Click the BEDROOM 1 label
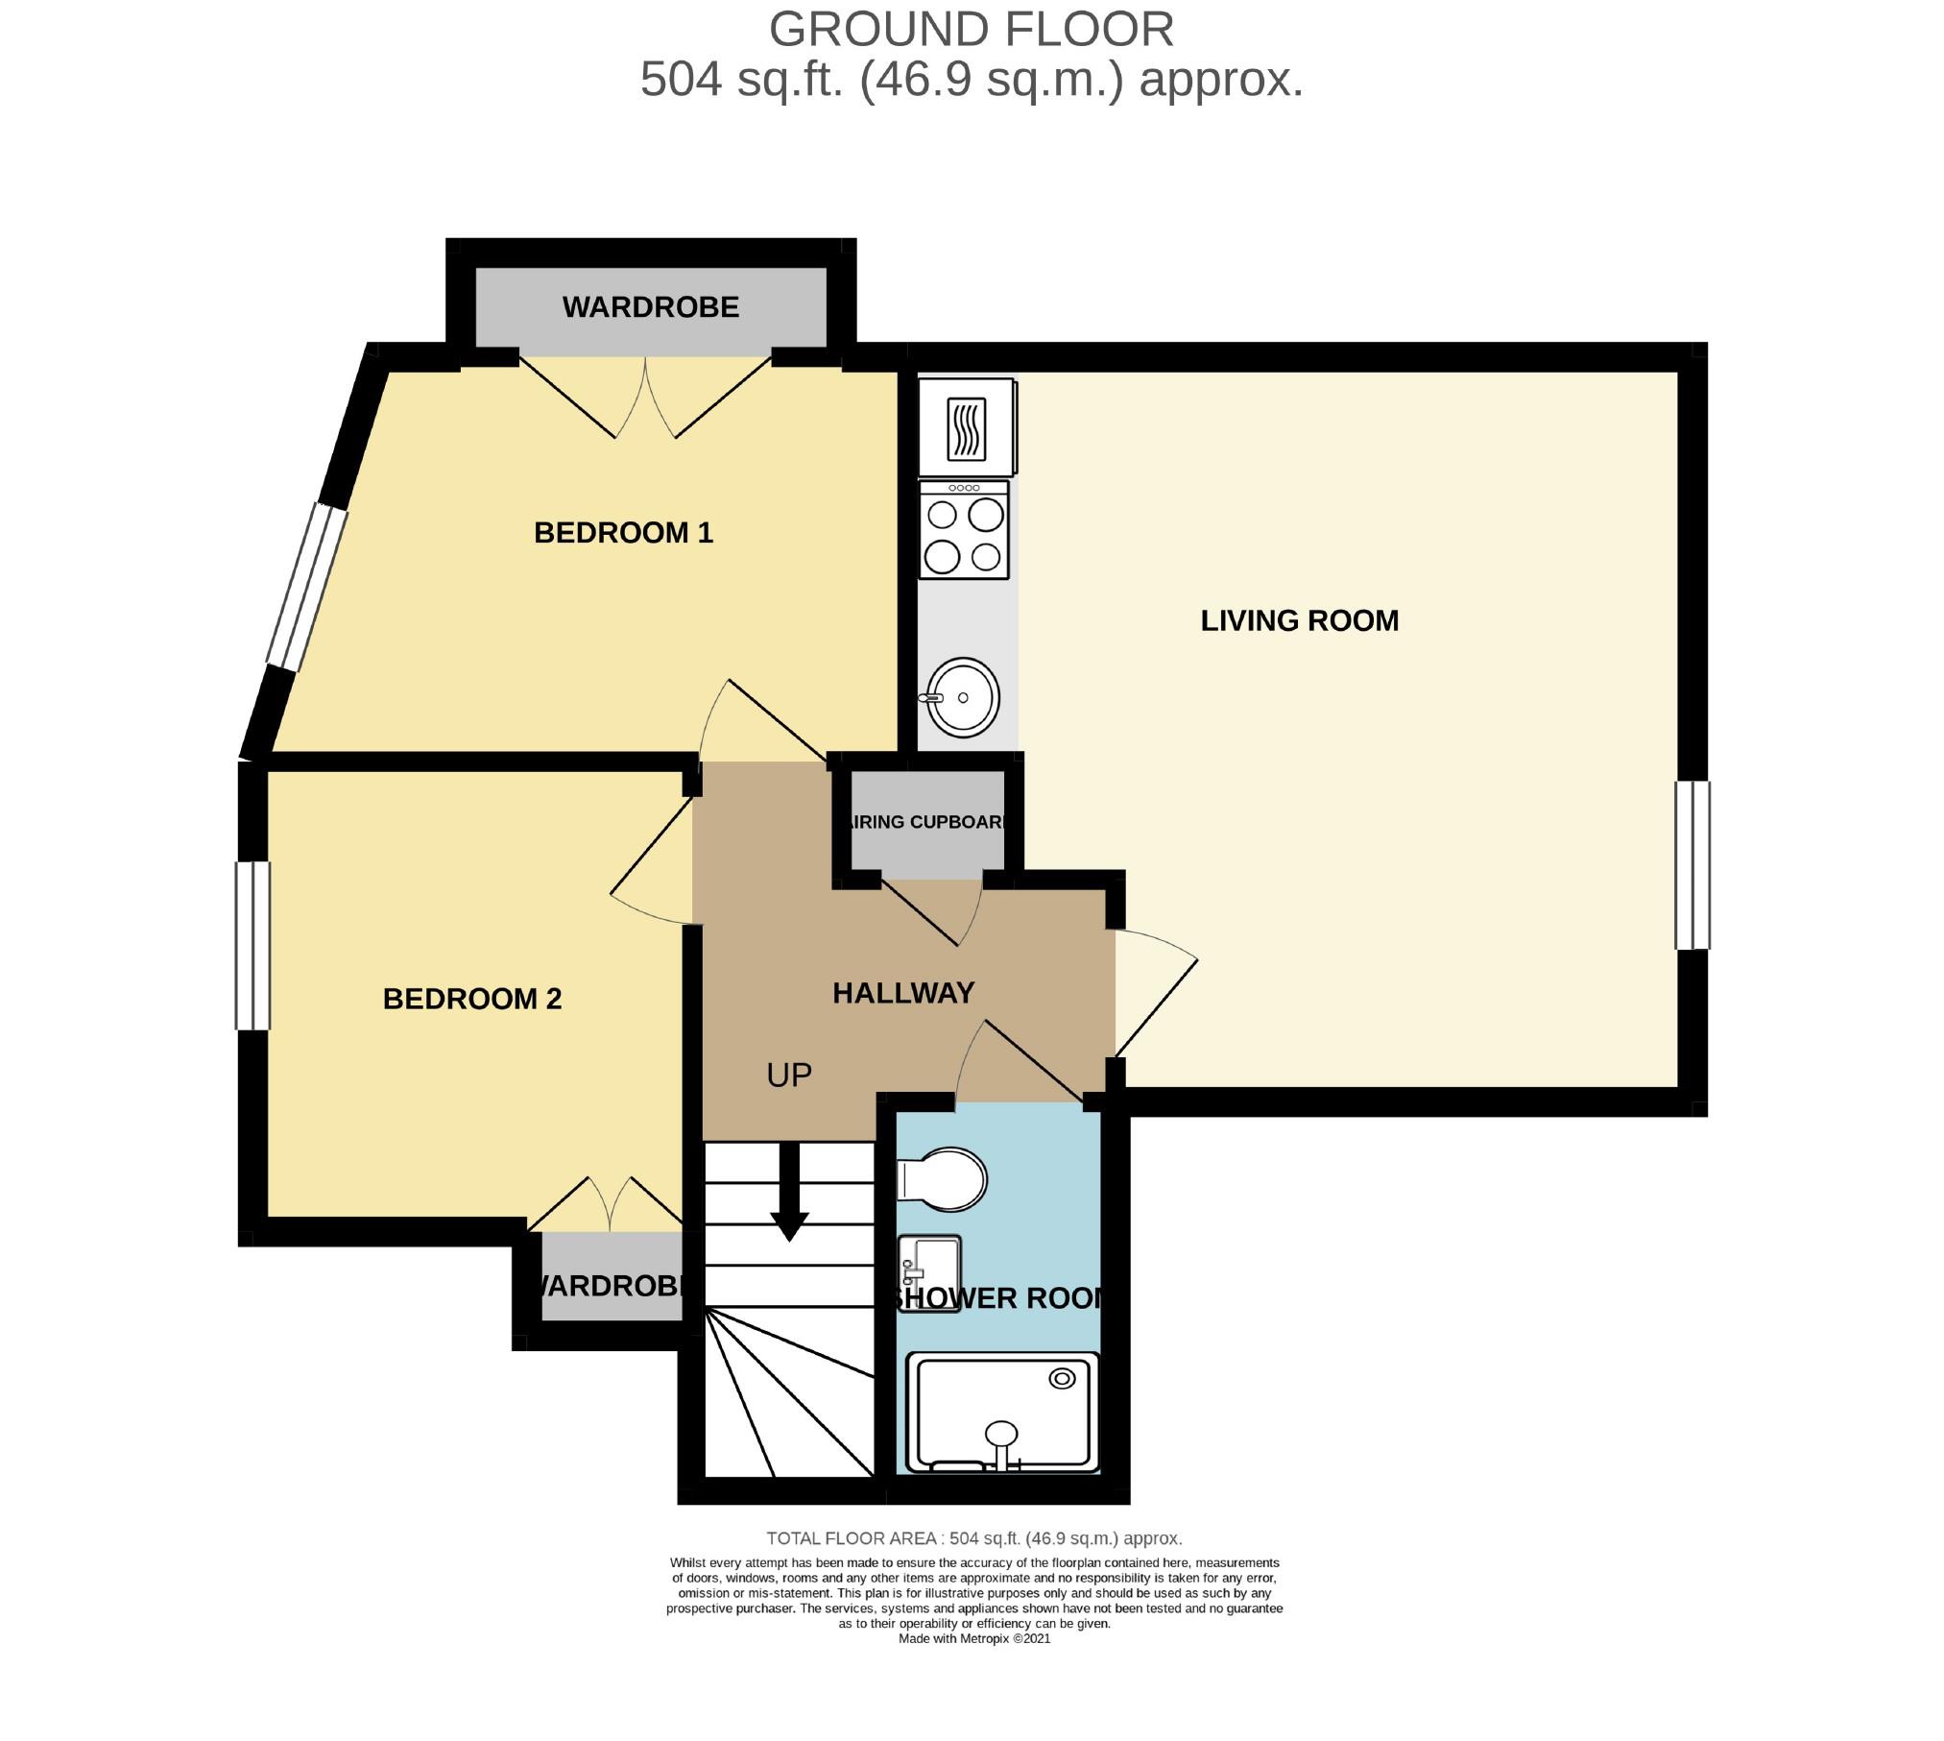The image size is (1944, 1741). [623, 533]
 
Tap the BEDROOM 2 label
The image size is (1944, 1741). [471, 999]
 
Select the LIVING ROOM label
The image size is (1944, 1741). [1299, 620]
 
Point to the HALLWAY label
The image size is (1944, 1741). [902, 993]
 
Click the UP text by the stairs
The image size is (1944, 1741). [789, 1075]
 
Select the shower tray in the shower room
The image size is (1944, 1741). [1002, 1412]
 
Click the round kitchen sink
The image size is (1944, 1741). [961, 698]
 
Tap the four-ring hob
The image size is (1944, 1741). [963, 531]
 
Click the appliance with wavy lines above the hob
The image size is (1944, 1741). [966, 428]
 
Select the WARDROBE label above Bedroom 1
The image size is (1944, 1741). [650, 307]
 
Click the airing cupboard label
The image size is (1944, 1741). [927, 822]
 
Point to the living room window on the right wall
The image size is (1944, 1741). [1692, 865]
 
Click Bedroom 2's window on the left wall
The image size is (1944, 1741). [253, 945]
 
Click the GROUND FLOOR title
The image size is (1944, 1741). [971, 29]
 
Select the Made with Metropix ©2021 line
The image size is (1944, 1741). [973, 1638]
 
